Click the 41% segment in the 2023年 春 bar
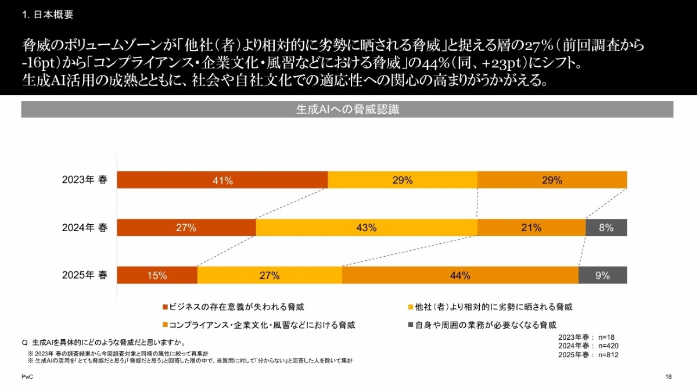click(222, 180)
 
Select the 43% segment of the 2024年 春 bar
click(366, 228)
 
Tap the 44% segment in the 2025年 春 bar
click(460, 275)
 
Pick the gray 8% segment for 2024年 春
click(606, 228)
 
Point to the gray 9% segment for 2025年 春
click(603, 275)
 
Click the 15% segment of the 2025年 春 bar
click(157, 275)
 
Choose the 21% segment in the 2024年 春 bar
click(531, 228)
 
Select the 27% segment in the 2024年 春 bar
click(186, 228)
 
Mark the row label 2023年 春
click(85, 180)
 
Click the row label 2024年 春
click(85, 228)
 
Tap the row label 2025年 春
click(85, 275)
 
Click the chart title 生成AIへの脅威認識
click(347, 110)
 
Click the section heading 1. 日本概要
click(48, 15)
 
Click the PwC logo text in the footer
click(27, 377)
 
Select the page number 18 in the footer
click(669, 377)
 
